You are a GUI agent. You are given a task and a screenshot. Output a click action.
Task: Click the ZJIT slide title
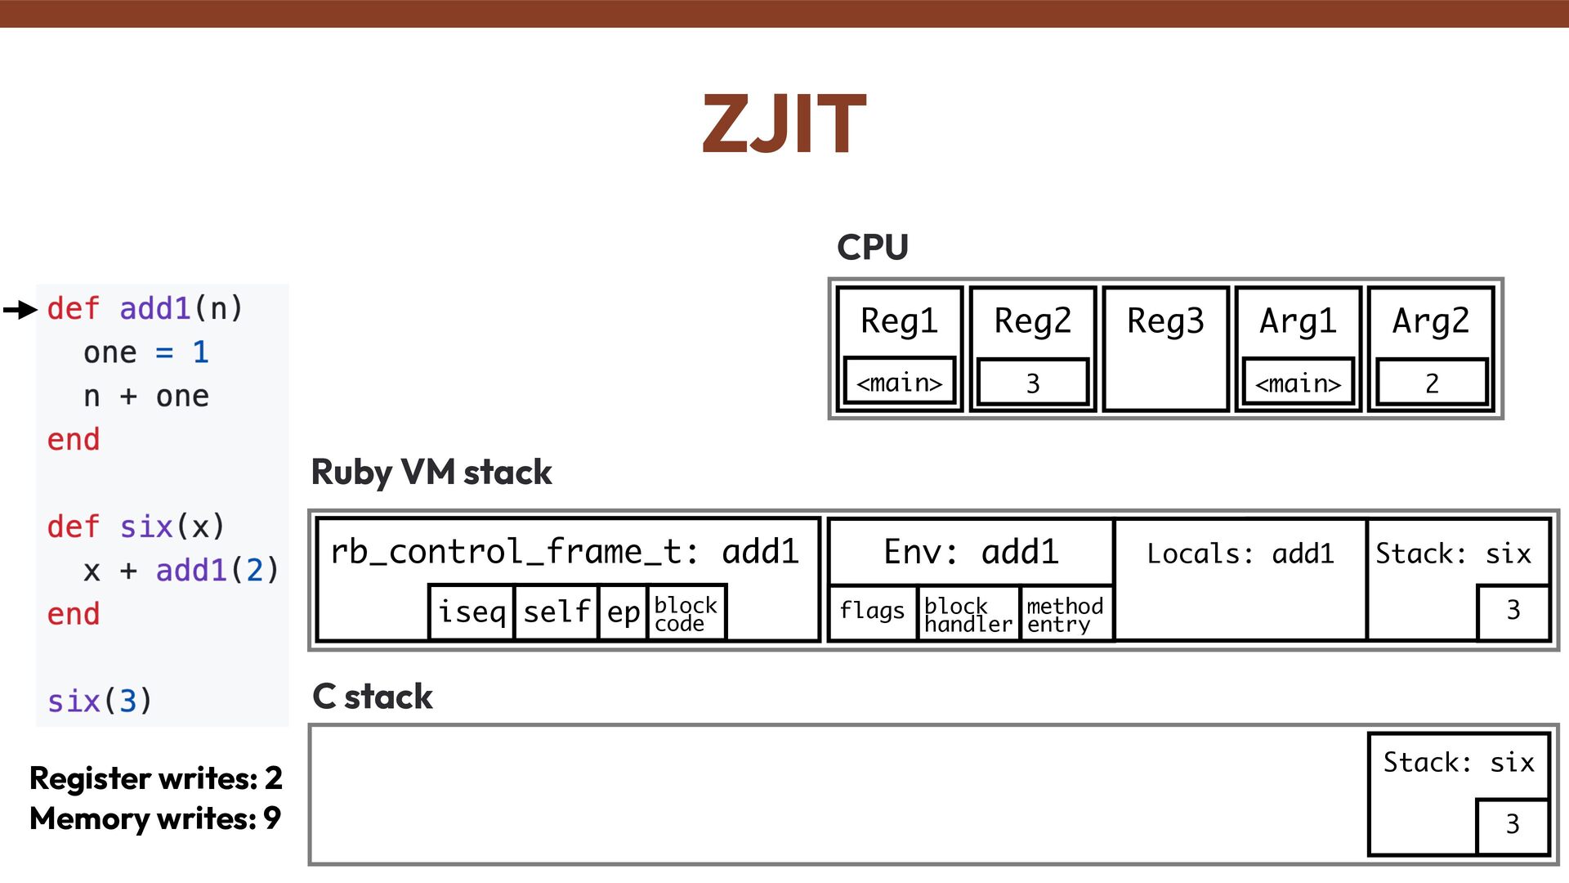point(784,123)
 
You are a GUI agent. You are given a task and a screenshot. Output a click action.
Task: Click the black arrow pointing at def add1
point(20,310)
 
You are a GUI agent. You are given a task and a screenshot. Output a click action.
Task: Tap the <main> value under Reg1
point(899,382)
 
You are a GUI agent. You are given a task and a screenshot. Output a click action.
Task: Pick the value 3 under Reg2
point(1032,382)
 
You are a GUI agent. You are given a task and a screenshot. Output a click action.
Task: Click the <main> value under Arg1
point(1298,382)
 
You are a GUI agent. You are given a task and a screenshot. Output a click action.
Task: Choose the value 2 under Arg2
point(1431,382)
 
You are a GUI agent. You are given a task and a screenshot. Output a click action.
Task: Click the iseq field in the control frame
point(472,612)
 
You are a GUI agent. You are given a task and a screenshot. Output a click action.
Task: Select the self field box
point(557,612)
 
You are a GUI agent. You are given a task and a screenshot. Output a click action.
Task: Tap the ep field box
point(623,612)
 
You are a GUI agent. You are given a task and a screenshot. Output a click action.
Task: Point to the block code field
point(685,613)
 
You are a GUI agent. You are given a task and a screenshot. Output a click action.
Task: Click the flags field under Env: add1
point(872,612)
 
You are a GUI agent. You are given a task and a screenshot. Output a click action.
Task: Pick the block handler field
point(968,614)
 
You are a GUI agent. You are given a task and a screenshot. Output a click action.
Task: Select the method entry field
point(1065,614)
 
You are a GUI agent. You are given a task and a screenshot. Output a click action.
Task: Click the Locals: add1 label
point(1240,554)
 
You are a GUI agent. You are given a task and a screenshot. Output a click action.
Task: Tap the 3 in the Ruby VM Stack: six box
point(1513,610)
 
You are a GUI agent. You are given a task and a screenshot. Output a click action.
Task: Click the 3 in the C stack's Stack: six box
point(1512,824)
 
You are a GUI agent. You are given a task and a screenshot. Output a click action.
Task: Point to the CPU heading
point(872,247)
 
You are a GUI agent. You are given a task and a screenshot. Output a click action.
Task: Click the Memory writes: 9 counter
point(155,818)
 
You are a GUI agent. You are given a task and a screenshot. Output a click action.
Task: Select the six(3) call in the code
point(99,701)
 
